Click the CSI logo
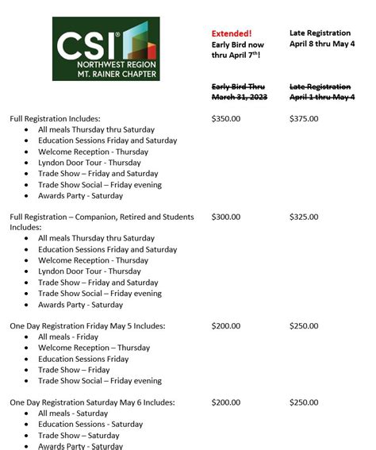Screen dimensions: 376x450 click(106, 48)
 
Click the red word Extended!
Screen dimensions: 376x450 click(232, 33)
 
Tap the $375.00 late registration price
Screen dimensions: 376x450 click(304, 118)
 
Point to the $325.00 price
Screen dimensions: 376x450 click(304, 217)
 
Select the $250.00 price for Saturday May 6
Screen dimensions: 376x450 click(304, 402)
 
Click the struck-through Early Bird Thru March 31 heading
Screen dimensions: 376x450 click(240, 91)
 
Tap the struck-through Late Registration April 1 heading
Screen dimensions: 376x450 click(320, 91)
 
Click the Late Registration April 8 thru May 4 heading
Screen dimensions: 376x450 click(321, 38)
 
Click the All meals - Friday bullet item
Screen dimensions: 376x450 click(68, 337)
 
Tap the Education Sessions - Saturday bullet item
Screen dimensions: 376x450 click(90, 425)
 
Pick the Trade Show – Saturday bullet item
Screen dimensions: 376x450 click(79, 436)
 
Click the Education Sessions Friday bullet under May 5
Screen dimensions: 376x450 click(83, 359)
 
